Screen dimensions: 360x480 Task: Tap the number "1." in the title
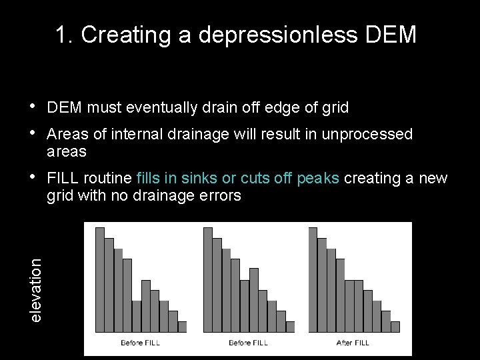[65, 35]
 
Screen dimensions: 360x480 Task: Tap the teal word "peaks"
[320, 179]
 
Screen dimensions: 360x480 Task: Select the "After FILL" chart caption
[353, 343]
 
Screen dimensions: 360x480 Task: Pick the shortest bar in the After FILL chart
[395, 327]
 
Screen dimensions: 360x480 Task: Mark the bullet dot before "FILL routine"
[33, 178]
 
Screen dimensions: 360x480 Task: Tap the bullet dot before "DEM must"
[33, 106]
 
